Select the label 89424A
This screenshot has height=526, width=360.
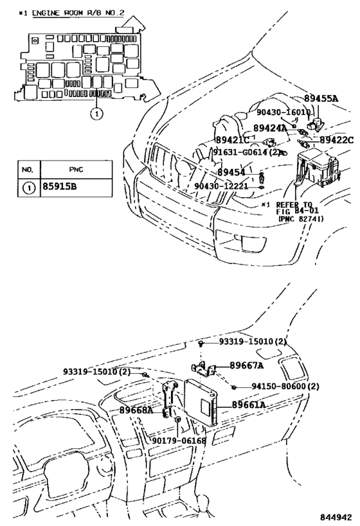click(270, 128)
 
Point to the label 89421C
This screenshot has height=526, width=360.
click(233, 139)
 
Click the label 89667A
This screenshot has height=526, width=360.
click(247, 365)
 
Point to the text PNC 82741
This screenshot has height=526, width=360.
click(301, 219)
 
